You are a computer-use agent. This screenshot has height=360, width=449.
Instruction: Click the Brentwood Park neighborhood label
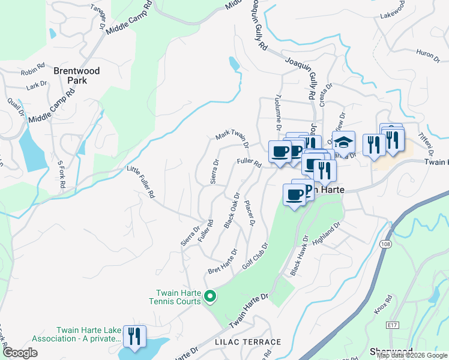(x=76, y=75)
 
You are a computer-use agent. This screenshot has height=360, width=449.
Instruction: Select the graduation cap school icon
(x=343, y=143)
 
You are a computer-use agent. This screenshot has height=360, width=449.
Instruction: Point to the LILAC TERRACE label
(x=248, y=342)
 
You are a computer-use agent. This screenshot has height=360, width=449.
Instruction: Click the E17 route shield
(x=393, y=325)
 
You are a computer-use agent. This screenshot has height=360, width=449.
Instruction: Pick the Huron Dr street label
(x=428, y=55)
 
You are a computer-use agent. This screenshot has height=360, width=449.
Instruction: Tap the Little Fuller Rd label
(x=141, y=182)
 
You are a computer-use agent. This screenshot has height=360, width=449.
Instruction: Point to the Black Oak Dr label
(x=232, y=211)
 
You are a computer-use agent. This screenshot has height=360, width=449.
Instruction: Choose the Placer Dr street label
(x=250, y=214)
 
